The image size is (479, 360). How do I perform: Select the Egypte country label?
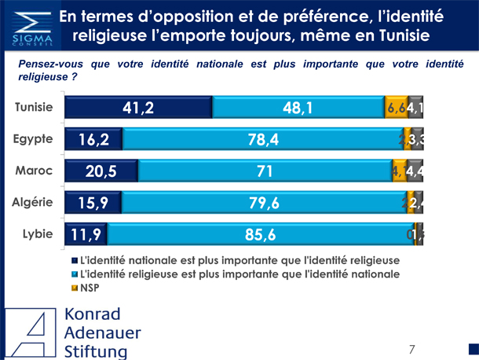pos(33,139)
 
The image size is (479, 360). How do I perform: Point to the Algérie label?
pos(33,201)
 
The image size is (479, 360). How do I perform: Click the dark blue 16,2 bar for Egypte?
pos(93,140)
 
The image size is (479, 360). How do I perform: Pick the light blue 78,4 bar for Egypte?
pos(262,140)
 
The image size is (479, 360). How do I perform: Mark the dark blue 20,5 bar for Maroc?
pos(101,171)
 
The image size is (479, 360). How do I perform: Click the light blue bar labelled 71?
pos(265,171)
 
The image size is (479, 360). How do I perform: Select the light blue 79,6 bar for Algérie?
pos(264,202)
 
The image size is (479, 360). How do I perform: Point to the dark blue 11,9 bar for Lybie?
pos(86,233)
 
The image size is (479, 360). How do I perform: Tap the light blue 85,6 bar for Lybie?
pos(260,233)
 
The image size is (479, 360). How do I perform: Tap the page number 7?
pos(411,349)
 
